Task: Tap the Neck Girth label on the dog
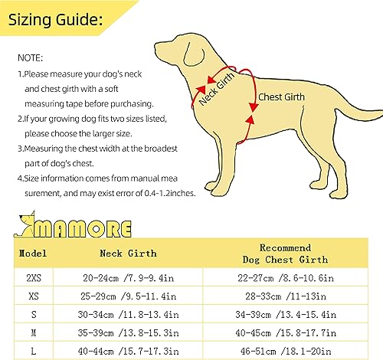pyautogui.click(x=218, y=90)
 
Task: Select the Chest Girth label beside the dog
pyautogui.click(x=280, y=98)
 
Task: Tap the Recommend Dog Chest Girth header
pyautogui.click(x=286, y=254)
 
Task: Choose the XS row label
pyautogui.click(x=31, y=294)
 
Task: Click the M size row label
pyautogui.click(x=31, y=332)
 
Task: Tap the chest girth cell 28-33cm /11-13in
pyautogui.click(x=286, y=294)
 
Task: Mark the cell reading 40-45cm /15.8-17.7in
pyautogui.click(x=286, y=332)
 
